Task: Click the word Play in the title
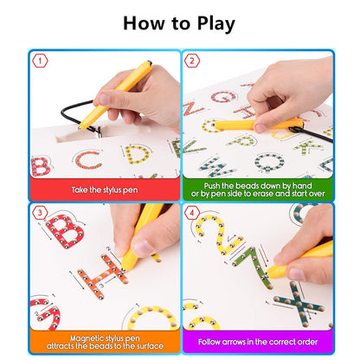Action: pos(211,23)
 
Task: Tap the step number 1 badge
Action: pos(38,61)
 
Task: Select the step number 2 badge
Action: pos(191,61)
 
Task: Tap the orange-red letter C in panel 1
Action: pos(87,160)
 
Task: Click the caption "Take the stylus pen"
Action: pos(105,189)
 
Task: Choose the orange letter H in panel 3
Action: pos(100,277)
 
